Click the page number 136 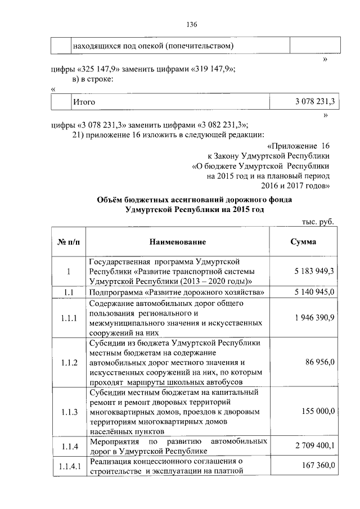pos(191,24)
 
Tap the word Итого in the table pos(84,102)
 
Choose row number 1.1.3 pos(69,412)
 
